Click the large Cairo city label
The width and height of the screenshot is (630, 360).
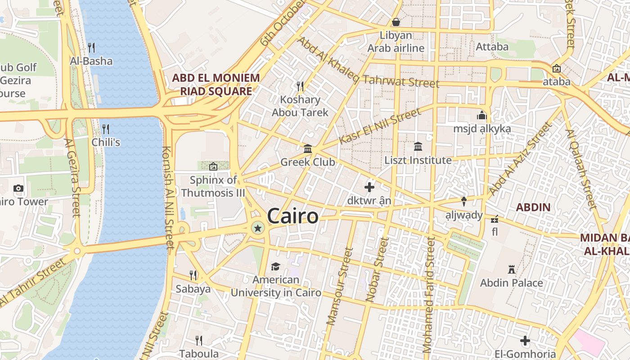(292, 216)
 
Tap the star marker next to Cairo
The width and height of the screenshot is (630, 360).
(258, 229)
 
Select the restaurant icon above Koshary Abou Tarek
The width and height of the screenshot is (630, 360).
(300, 86)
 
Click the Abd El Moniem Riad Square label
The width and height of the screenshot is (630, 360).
(216, 85)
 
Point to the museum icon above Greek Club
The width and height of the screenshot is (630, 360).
(308, 148)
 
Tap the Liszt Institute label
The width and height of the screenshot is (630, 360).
(418, 160)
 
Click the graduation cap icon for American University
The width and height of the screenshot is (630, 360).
(275, 267)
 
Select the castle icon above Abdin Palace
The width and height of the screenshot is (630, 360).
(511, 270)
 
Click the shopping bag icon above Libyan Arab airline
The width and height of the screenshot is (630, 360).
(396, 22)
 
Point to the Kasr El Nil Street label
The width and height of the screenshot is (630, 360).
(380, 126)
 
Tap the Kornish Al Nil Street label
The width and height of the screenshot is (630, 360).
(167, 198)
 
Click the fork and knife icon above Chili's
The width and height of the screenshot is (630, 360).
(106, 129)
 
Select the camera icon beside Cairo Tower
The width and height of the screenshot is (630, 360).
(18, 188)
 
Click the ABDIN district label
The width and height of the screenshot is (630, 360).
(533, 207)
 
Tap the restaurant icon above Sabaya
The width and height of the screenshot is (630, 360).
(193, 275)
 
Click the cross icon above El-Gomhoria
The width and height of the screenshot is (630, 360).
(525, 341)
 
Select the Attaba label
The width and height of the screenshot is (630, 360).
(492, 46)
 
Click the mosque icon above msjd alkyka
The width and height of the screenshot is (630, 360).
(482, 116)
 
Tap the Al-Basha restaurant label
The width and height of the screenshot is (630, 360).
(91, 61)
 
